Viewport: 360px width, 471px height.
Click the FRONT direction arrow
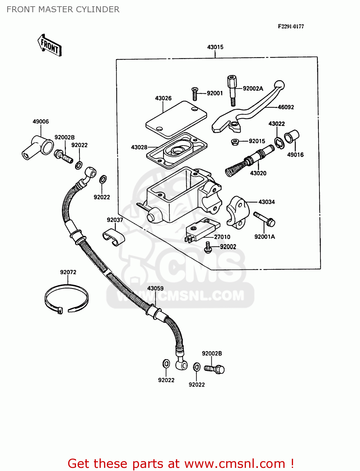[50, 46]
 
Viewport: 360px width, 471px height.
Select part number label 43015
[215, 47]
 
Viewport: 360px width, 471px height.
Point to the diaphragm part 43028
[178, 149]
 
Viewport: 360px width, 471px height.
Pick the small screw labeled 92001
[194, 94]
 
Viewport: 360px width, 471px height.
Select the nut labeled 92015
[235, 142]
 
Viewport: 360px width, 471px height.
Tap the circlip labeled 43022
[279, 143]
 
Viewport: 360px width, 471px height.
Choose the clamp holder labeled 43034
[238, 212]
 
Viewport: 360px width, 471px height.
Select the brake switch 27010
[202, 230]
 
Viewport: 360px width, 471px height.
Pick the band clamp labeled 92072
[66, 298]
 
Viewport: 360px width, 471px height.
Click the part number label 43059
[155, 288]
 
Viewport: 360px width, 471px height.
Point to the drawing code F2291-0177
[291, 26]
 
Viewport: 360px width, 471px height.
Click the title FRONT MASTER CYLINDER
[63, 9]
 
